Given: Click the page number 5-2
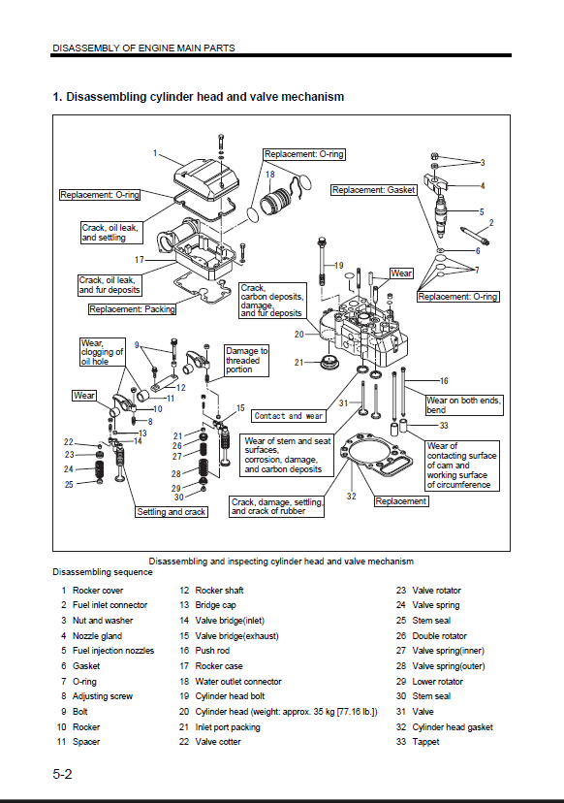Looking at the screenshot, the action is [62, 774].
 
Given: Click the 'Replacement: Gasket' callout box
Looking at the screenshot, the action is [374, 190].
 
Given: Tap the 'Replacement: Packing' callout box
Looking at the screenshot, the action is [132, 309].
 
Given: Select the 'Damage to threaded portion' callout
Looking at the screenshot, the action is [247, 361].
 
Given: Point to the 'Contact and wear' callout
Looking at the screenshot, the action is [289, 416].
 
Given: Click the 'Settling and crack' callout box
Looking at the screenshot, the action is [172, 512].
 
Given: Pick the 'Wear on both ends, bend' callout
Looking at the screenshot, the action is [464, 405].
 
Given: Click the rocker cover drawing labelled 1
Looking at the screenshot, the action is [205, 178].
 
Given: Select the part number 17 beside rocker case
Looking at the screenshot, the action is [140, 260].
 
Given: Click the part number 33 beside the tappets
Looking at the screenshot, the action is [444, 425].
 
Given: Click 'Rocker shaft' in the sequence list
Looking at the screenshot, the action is [219, 590].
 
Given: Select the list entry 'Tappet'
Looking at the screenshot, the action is [425, 742].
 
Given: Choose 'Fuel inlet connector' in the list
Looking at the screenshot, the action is [110, 605].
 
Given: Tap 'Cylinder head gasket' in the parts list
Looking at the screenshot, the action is [453, 726].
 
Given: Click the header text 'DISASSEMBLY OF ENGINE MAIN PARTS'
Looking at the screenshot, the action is [143, 48].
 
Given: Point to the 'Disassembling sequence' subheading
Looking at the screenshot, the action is [103, 572].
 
